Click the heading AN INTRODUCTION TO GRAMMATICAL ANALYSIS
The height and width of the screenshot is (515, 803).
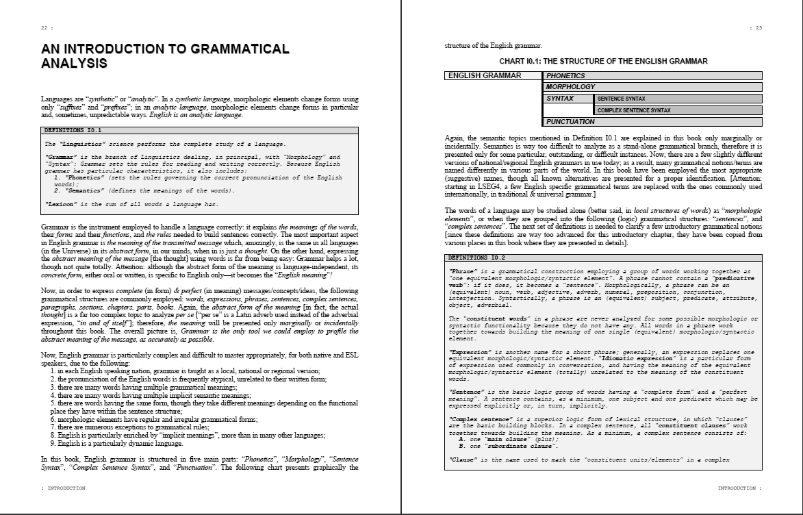(165, 56)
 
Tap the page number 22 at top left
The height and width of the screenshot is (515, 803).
(47, 28)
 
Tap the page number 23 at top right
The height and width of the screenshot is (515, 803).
(756, 28)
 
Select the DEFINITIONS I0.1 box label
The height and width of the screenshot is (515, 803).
(73, 129)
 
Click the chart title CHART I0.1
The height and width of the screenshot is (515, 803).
(603, 61)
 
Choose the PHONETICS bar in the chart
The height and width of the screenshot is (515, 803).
(652, 76)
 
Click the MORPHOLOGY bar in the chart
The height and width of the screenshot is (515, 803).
(652, 87)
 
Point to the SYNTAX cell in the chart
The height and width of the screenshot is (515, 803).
(568, 99)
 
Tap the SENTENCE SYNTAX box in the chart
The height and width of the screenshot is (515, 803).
(678, 99)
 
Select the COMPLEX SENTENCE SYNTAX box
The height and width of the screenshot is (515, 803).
(678, 110)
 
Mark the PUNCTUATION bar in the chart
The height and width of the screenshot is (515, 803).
(652, 122)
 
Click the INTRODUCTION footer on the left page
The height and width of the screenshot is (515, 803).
(64, 488)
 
